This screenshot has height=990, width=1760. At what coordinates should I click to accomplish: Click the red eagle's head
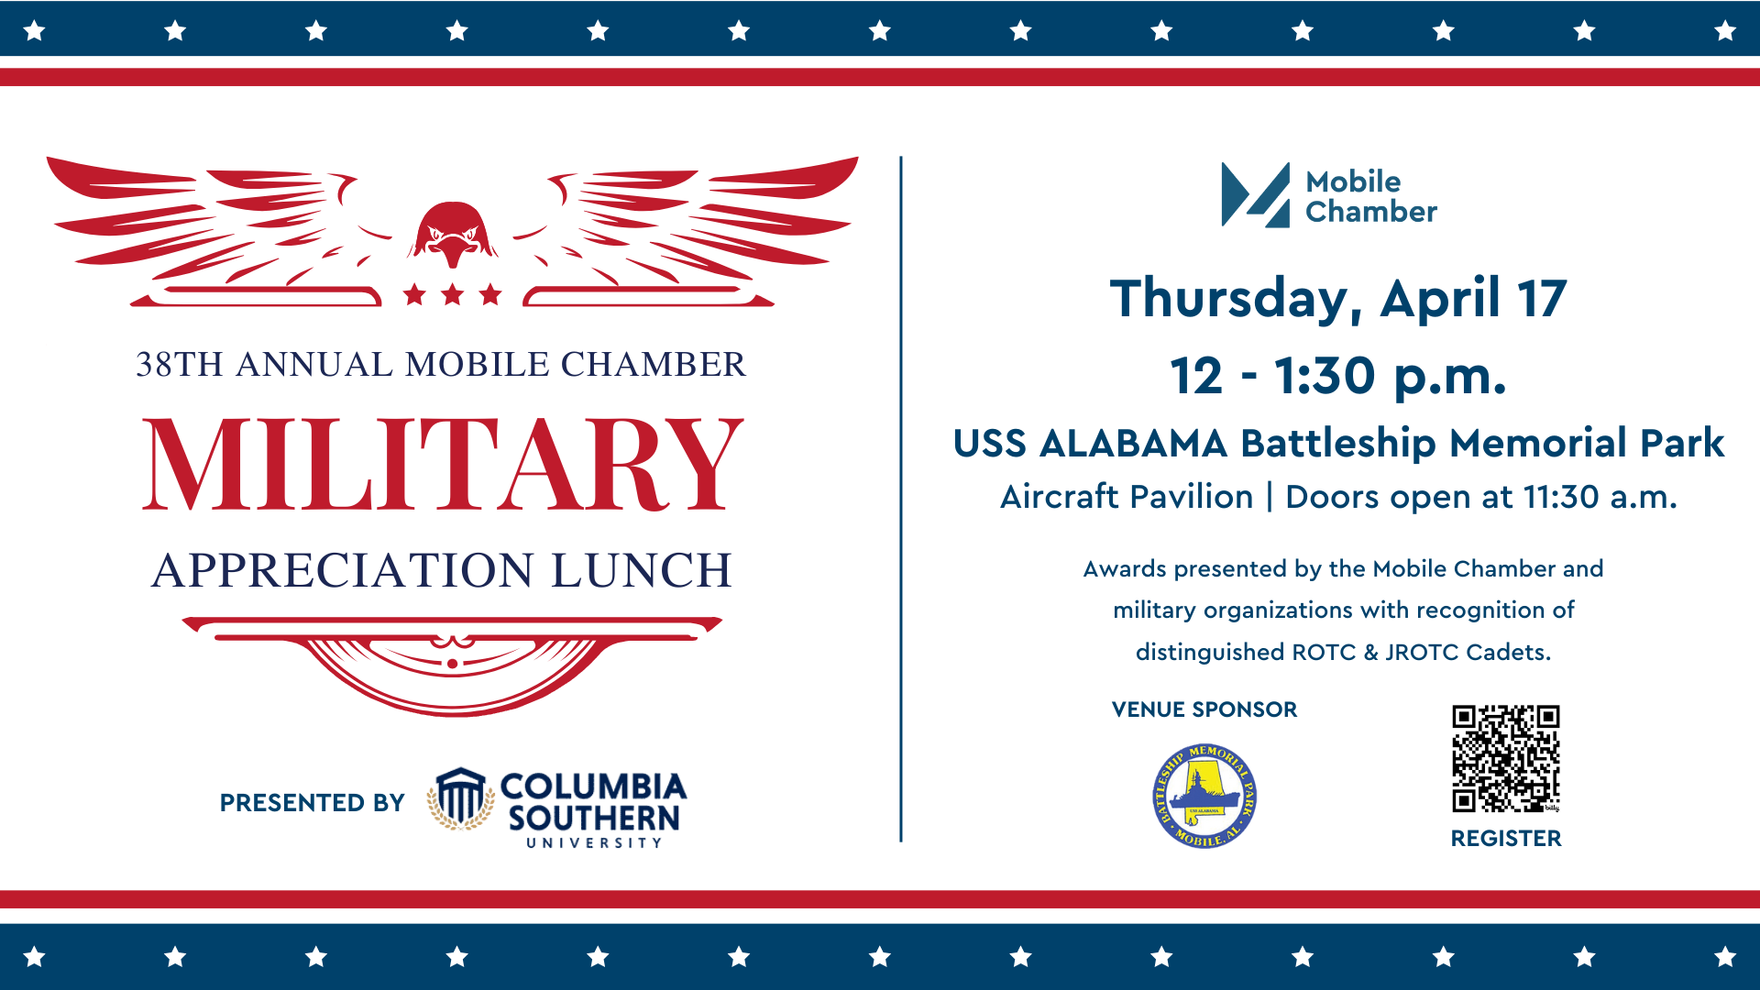pyautogui.click(x=453, y=234)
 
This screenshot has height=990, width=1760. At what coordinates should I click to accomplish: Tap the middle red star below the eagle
pyautogui.click(x=452, y=294)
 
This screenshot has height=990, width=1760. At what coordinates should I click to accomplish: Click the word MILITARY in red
pyautogui.click(x=443, y=464)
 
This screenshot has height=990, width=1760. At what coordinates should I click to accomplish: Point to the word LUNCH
pyautogui.click(x=642, y=570)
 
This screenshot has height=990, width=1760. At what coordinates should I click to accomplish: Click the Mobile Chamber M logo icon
pyautogui.click(x=1256, y=194)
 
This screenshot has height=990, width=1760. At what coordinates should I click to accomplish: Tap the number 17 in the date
pyautogui.click(x=1542, y=299)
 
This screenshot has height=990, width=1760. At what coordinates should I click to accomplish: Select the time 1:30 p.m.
pyautogui.click(x=1390, y=377)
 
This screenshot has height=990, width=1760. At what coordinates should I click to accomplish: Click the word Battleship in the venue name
pyautogui.click(x=1338, y=444)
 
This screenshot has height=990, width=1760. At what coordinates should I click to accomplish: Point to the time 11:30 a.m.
pyautogui.click(x=1600, y=497)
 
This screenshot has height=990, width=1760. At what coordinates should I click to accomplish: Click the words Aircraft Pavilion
pyautogui.click(x=1127, y=497)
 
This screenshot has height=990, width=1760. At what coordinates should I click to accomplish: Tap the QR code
pyautogui.click(x=1506, y=758)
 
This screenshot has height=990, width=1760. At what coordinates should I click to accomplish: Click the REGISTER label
pyautogui.click(x=1506, y=838)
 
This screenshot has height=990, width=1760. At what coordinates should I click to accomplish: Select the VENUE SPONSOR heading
pyautogui.click(x=1204, y=709)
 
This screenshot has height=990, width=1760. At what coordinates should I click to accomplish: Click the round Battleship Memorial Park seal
pyautogui.click(x=1204, y=796)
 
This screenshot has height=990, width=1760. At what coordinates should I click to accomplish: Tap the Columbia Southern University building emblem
pyautogui.click(x=460, y=798)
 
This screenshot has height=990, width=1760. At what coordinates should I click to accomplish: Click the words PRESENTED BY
pyautogui.click(x=312, y=803)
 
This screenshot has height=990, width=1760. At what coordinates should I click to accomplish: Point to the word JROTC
pyautogui.click(x=1422, y=652)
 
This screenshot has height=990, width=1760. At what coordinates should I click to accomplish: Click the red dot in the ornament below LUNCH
pyautogui.click(x=452, y=664)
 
